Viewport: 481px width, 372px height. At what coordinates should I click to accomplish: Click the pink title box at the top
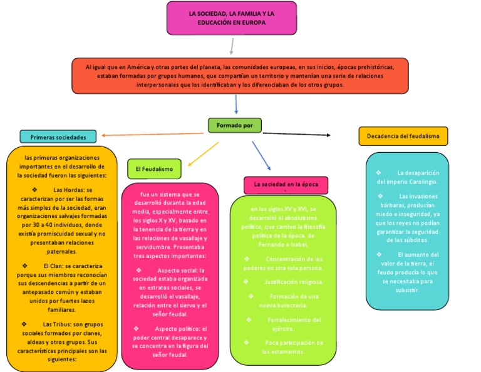tap(231, 18)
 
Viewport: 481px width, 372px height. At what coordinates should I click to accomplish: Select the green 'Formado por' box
tap(234, 125)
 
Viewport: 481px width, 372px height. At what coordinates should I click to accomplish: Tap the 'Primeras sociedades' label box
tap(58, 137)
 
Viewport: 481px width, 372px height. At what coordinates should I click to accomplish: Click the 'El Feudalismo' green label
tap(154, 168)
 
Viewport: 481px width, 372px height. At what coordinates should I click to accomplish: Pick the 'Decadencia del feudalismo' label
tap(403, 136)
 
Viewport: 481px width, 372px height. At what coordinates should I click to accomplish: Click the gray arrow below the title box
tap(232, 46)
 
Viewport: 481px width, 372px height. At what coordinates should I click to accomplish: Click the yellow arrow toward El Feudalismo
tap(203, 153)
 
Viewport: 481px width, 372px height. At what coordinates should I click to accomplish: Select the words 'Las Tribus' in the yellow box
tap(58, 324)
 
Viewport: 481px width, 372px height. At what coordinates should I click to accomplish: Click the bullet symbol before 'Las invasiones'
tap(378, 196)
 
